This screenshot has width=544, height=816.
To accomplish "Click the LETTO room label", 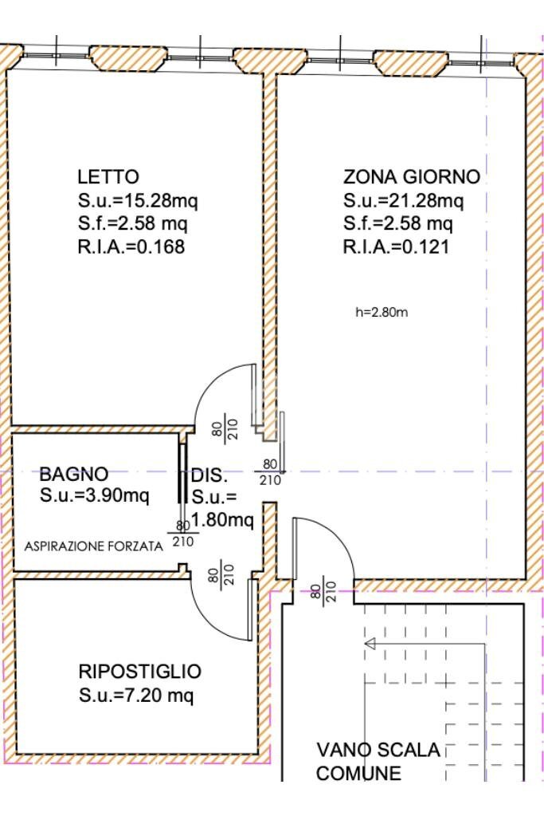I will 108,176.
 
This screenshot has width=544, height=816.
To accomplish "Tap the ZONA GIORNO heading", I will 411,176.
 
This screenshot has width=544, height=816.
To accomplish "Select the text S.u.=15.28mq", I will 137,200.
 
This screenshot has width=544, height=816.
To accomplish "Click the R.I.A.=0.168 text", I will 131,247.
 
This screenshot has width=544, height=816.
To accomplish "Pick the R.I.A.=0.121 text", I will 396,247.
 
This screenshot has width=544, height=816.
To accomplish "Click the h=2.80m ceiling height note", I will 382,312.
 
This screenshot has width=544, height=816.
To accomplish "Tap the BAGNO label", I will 74,475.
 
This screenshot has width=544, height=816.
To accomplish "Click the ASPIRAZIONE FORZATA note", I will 93,546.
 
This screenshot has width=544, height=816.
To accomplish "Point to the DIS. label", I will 209,477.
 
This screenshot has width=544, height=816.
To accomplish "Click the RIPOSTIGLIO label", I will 139,672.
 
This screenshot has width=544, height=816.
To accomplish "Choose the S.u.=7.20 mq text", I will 136,696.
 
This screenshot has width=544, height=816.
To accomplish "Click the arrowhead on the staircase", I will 369,643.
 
